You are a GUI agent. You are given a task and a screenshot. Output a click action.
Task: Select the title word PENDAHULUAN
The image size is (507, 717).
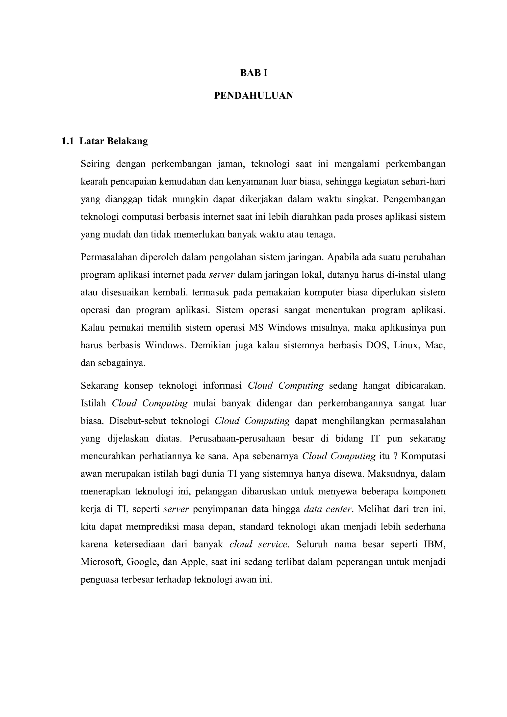pyautogui.click(x=253, y=96)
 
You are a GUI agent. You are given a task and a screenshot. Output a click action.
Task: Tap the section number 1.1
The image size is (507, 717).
pyautogui.click(x=68, y=141)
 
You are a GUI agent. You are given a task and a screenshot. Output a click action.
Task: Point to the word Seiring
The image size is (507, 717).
pyautogui.click(x=95, y=164)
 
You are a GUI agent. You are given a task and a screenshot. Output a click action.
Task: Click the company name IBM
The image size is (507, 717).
pyautogui.click(x=434, y=544)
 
